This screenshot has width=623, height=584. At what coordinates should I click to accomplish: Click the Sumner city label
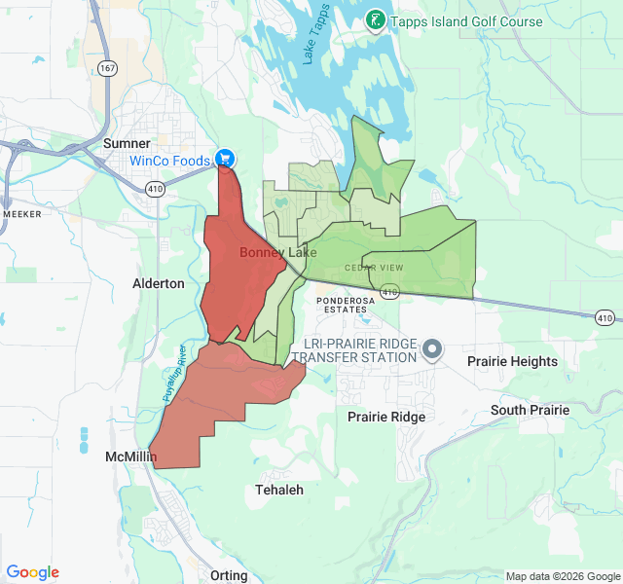(x=127, y=143)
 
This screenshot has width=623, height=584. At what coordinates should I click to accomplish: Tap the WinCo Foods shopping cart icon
(x=225, y=158)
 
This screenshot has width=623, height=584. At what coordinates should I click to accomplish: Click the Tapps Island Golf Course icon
(x=375, y=20)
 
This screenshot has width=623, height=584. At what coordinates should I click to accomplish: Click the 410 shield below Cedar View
(x=389, y=291)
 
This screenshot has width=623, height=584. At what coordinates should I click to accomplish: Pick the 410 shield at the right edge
(x=605, y=317)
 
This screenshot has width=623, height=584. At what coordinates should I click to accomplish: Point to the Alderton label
(x=158, y=283)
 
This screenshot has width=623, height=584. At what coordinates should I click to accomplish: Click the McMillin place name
(x=130, y=456)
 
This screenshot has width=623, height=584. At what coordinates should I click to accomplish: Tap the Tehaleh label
(x=279, y=490)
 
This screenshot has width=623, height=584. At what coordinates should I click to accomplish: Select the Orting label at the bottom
(x=229, y=575)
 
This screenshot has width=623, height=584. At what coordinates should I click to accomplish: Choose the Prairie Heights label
(x=512, y=361)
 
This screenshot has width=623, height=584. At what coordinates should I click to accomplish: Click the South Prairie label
(x=530, y=410)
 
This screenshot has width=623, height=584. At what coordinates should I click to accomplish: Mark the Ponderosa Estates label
(x=342, y=305)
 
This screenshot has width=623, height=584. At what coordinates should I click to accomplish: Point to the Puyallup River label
(x=172, y=371)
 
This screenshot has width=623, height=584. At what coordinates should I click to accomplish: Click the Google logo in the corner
(x=33, y=572)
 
